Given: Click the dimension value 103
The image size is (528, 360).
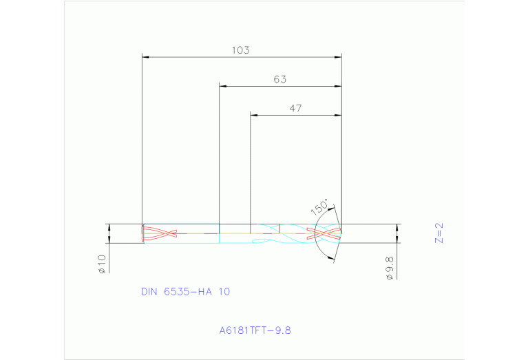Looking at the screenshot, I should point(240,50).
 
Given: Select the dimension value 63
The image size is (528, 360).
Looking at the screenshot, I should point(279,79).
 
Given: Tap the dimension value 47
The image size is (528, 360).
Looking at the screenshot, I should point(295,108).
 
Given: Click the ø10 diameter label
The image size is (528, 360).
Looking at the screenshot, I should point(101,264).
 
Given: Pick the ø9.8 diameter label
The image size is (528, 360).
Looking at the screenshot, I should point(389,267).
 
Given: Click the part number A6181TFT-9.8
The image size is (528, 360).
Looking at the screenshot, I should point(255,330).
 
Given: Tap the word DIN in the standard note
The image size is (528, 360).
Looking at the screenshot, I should point(149,292).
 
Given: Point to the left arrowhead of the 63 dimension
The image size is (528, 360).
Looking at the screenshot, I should point(222,86).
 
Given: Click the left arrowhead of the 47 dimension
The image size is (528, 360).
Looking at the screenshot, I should point(253,115).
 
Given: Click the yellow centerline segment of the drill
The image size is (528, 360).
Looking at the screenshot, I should point(200,233).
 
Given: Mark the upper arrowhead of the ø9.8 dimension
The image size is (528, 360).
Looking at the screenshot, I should point(397,228).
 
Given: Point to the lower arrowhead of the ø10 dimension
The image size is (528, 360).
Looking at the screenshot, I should point(108,240).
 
